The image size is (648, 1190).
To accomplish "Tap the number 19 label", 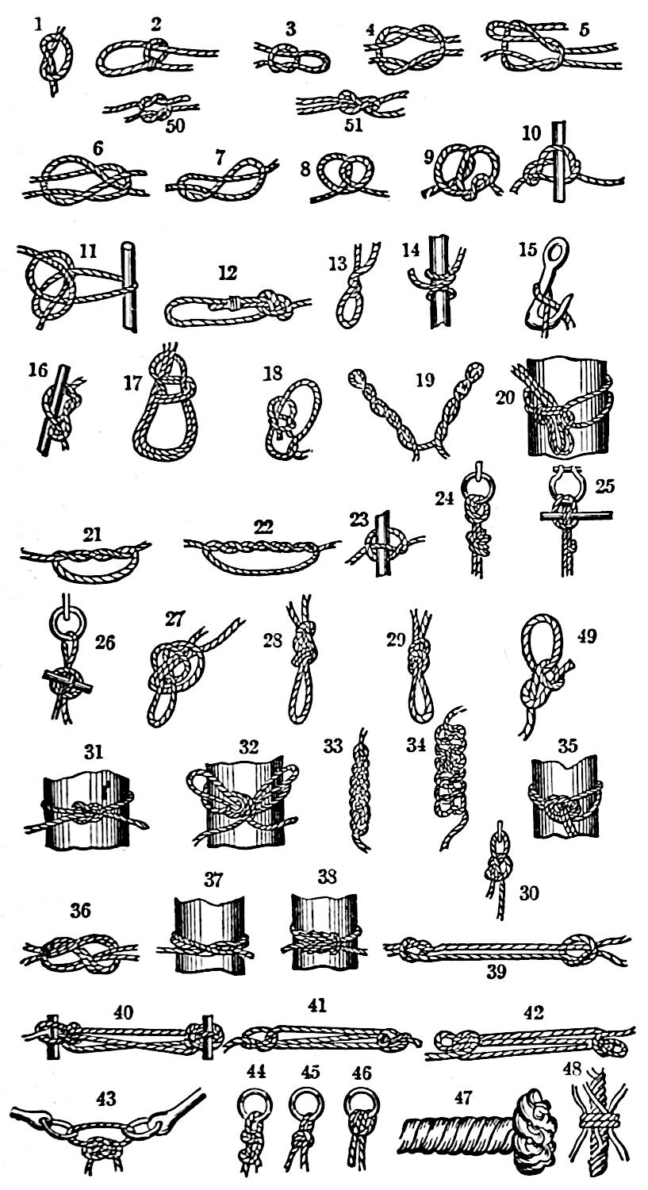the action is pyautogui.click(x=424, y=380).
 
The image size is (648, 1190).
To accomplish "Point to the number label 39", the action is pyautogui.click(x=496, y=971).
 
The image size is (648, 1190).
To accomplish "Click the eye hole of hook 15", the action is pyautogui.click(x=559, y=248).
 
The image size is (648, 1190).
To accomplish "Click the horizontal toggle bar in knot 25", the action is pyautogui.click(x=577, y=515).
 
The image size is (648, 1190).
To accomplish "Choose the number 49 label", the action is pyautogui.click(x=587, y=636).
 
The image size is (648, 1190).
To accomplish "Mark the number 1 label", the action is pyautogui.click(x=38, y=25).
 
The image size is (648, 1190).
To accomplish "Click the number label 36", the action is pyautogui.click(x=81, y=911).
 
